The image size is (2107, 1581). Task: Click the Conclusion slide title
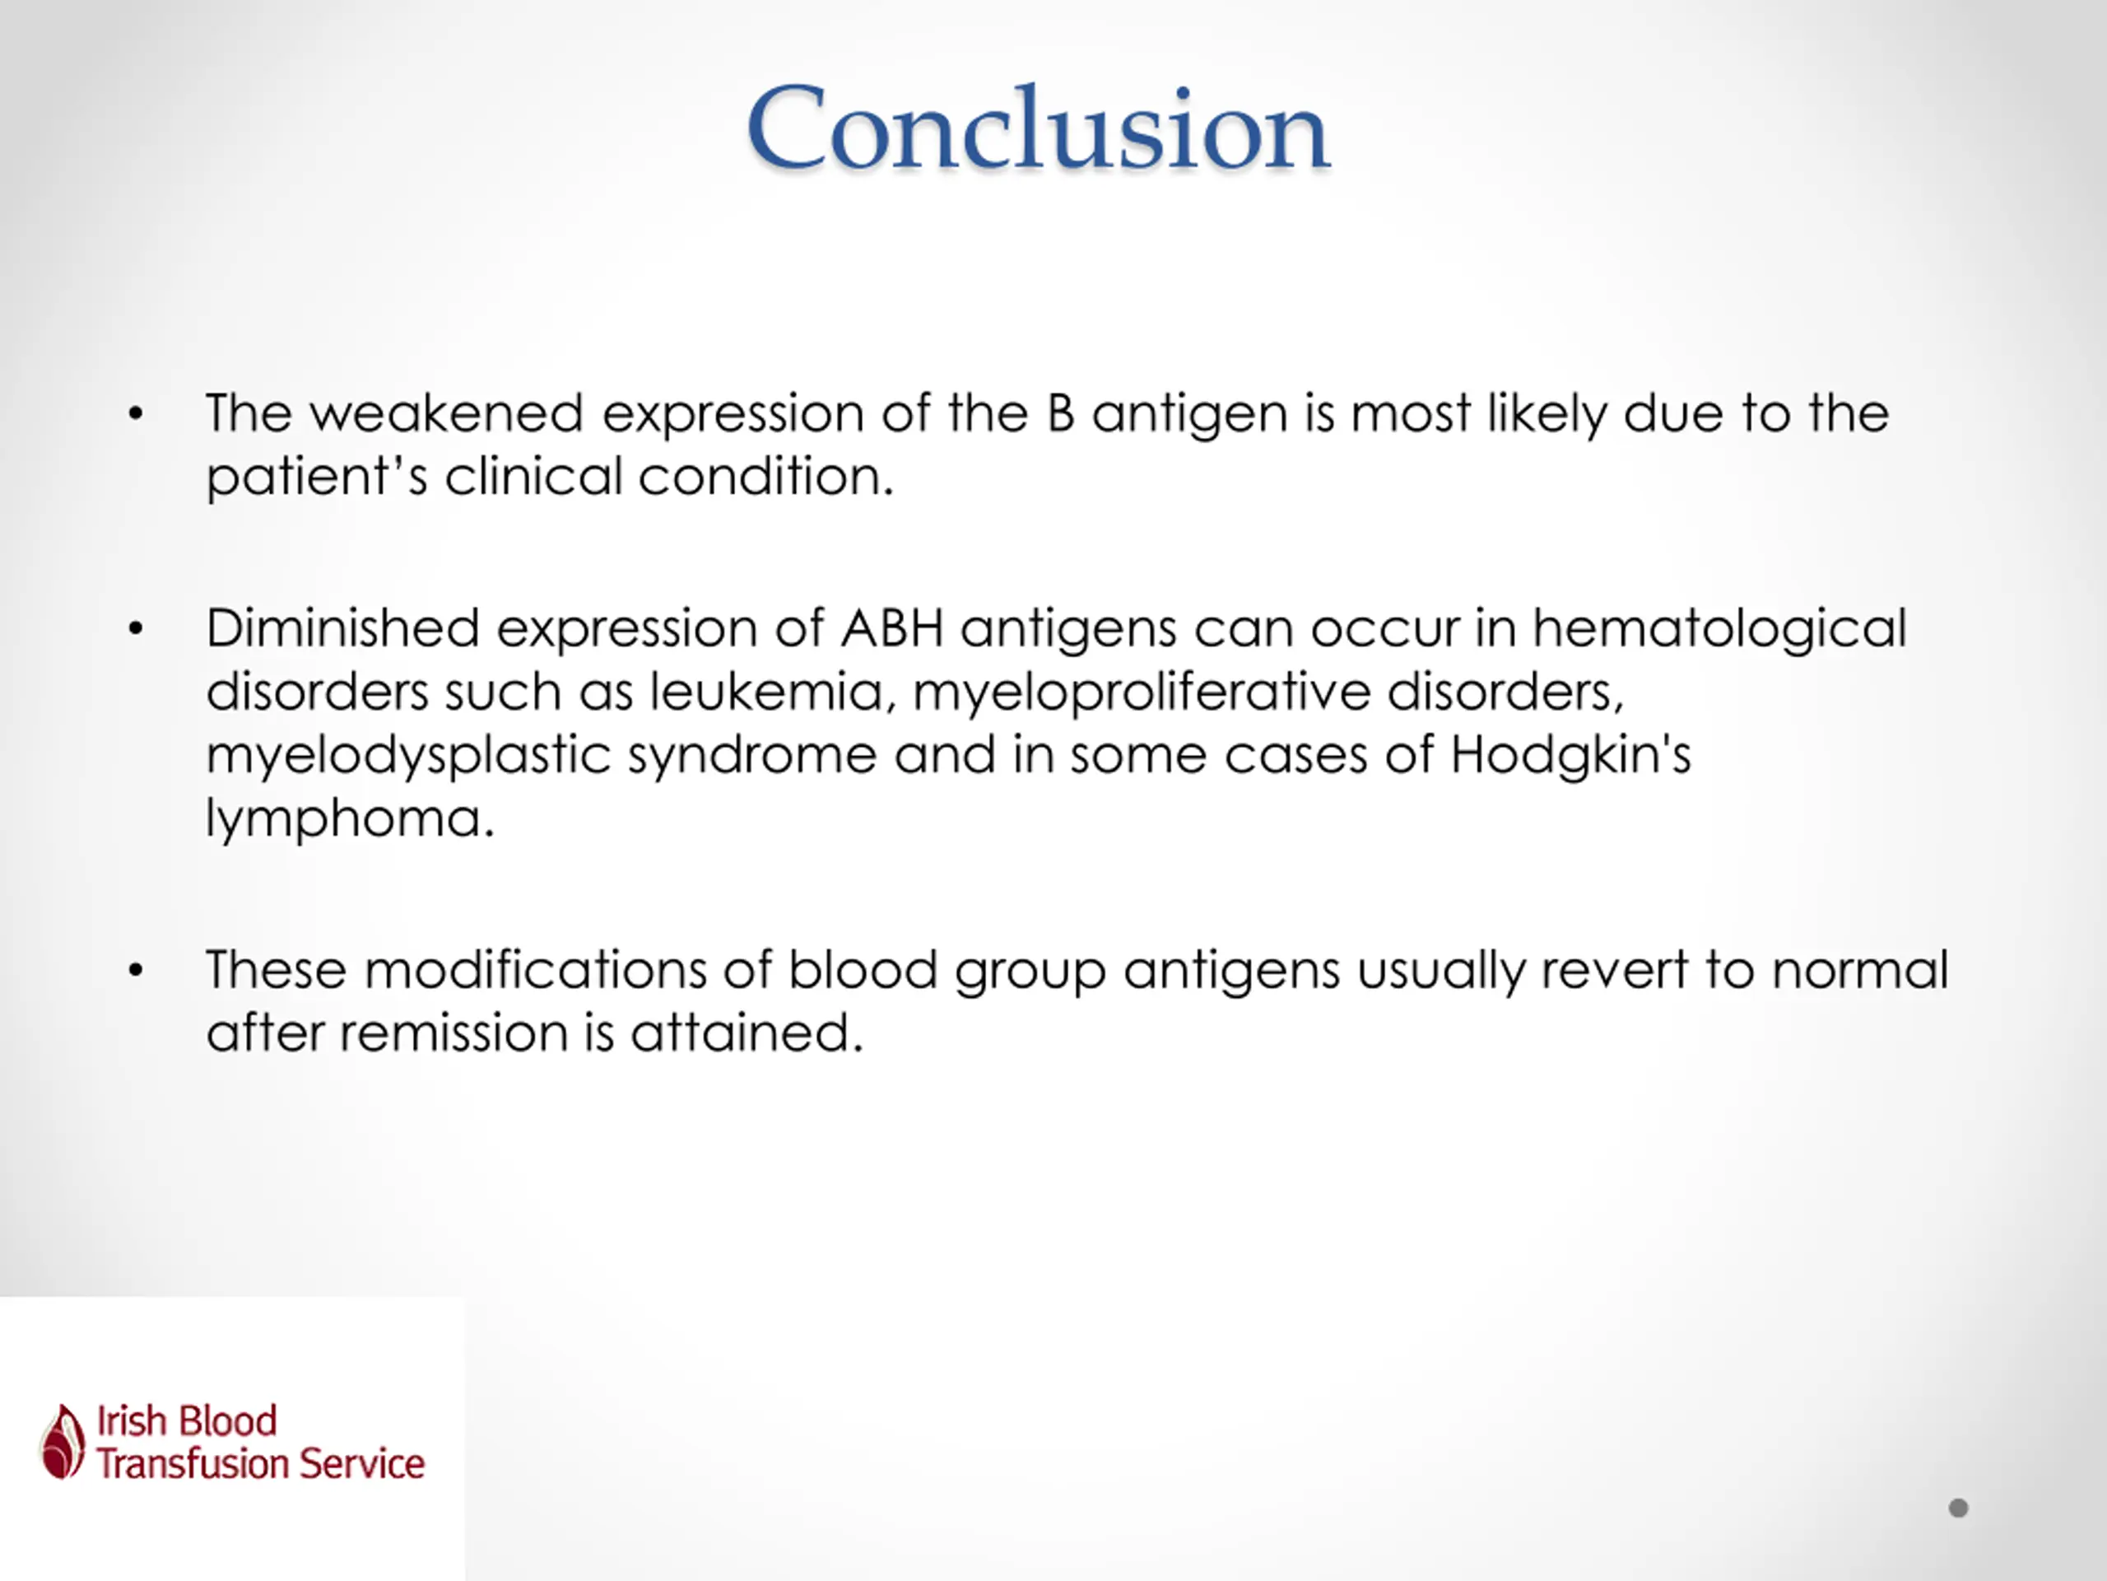(x=1037, y=128)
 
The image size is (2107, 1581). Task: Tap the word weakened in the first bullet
(x=446, y=413)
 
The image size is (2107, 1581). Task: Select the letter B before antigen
(x=1060, y=413)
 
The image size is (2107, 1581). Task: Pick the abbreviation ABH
(x=891, y=629)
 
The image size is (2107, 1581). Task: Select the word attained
(x=747, y=1033)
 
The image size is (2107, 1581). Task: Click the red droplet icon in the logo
(x=63, y=1442)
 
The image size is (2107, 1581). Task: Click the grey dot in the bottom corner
(x=1958, y=1509)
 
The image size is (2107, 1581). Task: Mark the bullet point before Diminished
(x=135, y=629)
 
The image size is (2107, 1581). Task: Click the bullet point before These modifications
(x=135, y=970)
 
